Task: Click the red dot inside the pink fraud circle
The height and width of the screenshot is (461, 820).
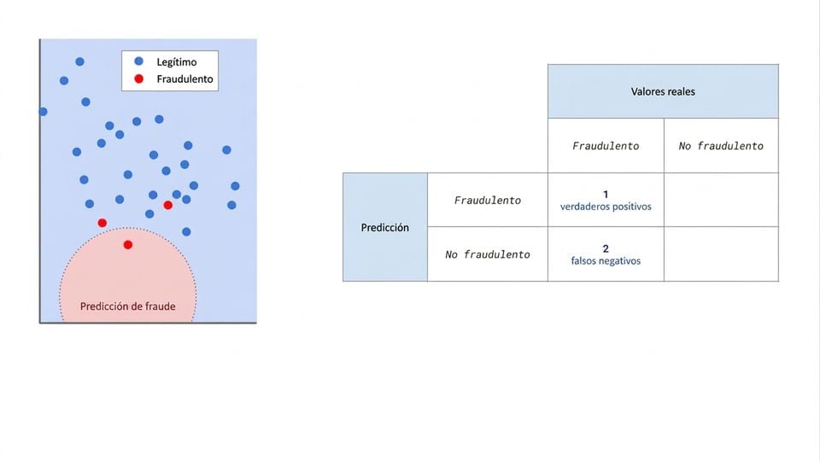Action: coord(127,245)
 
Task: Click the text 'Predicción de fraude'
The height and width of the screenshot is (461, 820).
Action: coord(127,306)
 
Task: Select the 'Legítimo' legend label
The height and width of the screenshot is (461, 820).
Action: coord(177,62)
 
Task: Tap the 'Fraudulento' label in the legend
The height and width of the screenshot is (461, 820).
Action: coord(184,79)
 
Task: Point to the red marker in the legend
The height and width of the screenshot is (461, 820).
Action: coord(138,79)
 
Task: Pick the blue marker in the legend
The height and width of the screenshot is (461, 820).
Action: coord(138,61)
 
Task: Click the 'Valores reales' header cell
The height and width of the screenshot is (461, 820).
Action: coord(663,91)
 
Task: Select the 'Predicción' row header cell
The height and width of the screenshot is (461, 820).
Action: coord(385,227)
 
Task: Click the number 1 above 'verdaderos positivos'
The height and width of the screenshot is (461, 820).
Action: coord(606,195)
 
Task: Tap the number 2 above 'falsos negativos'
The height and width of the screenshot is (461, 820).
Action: coord(606,248)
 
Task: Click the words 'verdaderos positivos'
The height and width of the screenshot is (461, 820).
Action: coord(606,207)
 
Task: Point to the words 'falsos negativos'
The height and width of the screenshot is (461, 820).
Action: coord(606,261)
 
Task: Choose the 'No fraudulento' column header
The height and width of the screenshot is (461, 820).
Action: coord(721,146)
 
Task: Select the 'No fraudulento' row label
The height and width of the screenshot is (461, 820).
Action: coord(488,254)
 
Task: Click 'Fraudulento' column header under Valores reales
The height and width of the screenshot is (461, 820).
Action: coord(606,146)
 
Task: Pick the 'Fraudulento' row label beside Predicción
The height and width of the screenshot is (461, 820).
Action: coord(488,200)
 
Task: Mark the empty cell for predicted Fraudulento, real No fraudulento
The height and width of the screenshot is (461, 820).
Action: coord(721,200)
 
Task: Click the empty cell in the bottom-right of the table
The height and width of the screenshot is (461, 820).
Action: coord(721,254)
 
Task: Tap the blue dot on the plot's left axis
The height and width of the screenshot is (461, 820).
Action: coord(44,112)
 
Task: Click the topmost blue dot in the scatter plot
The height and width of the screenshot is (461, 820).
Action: coord(80,61)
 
